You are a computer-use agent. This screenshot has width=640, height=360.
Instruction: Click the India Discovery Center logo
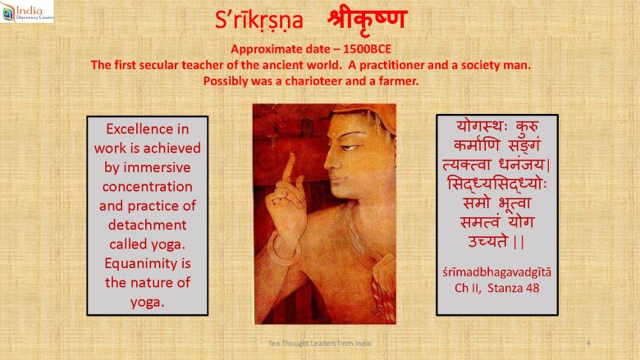27,11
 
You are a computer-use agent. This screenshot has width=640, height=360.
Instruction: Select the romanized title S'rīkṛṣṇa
259,21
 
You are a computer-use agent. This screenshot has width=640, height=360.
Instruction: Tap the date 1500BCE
367,49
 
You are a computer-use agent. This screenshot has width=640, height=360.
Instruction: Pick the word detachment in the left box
148,225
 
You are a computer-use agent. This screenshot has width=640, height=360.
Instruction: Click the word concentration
148,187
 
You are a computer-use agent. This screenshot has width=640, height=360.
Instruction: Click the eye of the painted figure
350,147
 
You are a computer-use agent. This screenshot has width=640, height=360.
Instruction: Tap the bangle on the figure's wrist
281,249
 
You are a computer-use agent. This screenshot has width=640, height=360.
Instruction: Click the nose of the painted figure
329,162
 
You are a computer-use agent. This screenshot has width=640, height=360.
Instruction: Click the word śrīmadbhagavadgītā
496,272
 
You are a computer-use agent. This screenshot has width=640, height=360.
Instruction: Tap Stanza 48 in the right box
514,288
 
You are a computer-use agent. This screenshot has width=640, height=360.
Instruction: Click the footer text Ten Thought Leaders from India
320,344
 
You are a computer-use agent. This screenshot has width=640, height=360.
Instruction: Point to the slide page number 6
588,344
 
